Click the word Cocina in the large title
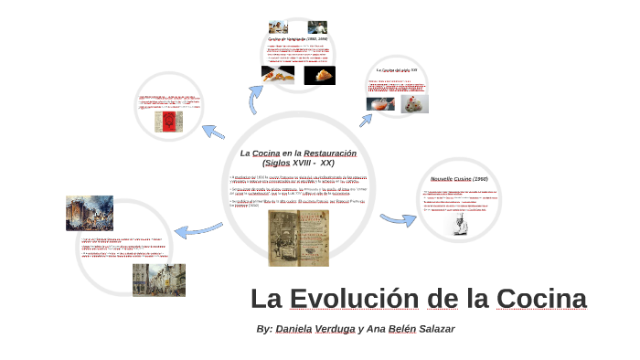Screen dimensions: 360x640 [x=541, y=300]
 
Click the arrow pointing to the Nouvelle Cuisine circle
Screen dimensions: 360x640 [x=398, y=219]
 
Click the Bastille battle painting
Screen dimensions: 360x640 [x=89, y=213]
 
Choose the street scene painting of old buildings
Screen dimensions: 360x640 [x=157, y=280]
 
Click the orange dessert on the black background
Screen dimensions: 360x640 [x=319, y=75]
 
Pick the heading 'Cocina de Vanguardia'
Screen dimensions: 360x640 [x=297, y=40]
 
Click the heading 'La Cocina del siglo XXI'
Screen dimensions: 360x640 [x=397, y=69]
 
